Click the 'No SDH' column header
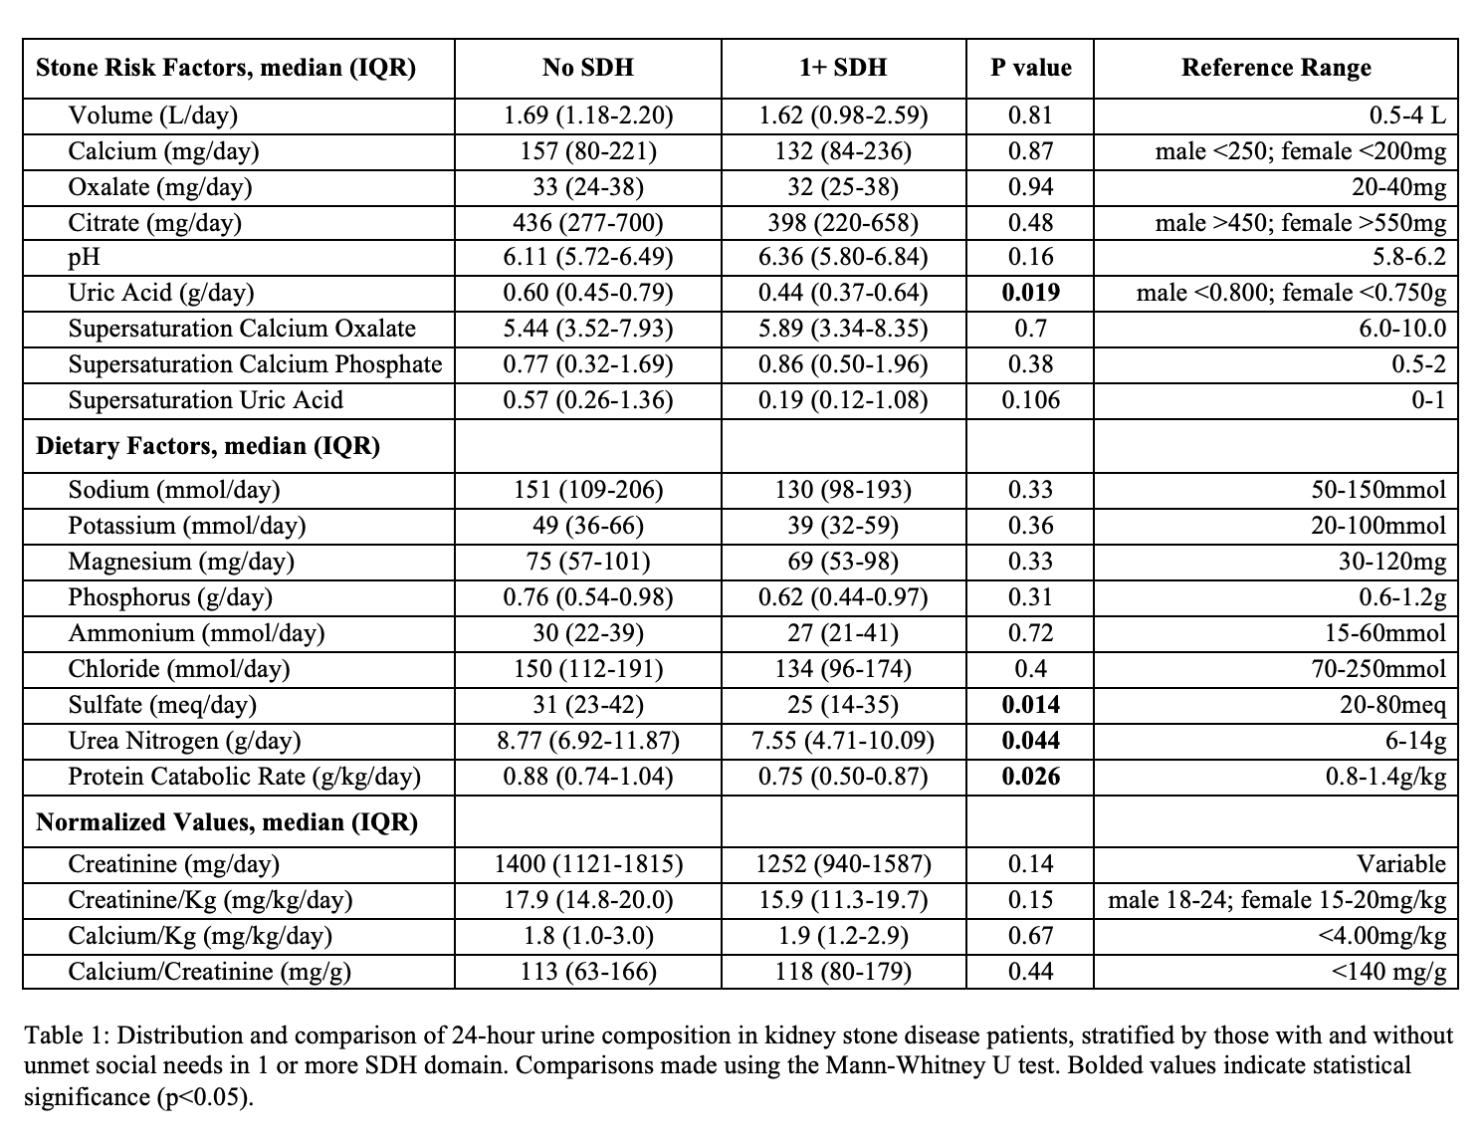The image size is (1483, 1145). point(587,68)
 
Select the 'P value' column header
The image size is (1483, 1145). point(1030,68)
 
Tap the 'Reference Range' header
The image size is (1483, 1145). point(1276,68)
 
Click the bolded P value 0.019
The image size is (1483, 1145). point(1030,293)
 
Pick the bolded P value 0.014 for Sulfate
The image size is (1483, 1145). point(1030,705)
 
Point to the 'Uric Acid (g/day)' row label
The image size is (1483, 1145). point(161,293)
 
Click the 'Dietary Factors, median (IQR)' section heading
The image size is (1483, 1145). point(208,445)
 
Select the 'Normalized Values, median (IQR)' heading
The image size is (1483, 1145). point(227,821)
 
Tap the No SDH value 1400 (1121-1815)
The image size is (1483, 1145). point(588,864)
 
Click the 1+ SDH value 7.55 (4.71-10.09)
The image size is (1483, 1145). point(843,741)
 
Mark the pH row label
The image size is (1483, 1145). point(85,257)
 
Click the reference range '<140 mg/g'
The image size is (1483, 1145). point(1388,972)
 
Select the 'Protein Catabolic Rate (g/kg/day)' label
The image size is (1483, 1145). point(244,777)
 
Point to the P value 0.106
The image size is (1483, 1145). point(1030,400)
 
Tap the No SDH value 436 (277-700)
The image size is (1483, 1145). point(588,222)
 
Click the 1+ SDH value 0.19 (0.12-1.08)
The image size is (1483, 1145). point(843,400)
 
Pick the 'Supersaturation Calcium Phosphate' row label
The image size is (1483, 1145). point(255,364)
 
